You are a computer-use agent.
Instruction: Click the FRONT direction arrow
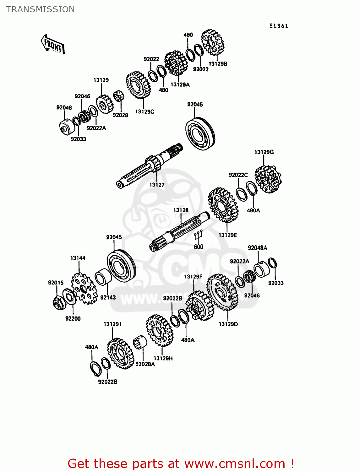coord(53,45)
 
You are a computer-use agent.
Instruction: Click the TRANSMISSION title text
coord(41,9)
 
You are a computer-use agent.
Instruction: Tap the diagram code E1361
coord(279,26)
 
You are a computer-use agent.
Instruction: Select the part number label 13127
coord(157,185)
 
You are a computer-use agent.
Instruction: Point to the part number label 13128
coord(181,210)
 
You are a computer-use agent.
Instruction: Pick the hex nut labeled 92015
coord(58,302)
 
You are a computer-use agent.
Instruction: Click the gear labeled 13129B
coord(213,42)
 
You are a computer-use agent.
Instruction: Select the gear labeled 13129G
coord(268,179)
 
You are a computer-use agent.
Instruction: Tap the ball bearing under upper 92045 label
coord(200,134)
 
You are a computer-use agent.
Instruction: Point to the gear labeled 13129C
coord(138,85)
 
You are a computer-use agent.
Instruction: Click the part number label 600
coord(198,247)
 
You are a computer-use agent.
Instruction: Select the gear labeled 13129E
coord(223,205)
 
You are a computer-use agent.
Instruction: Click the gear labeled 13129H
coord(160,331)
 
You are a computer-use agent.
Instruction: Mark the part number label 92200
coord(73,319)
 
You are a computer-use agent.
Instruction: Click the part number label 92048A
coord(257,248)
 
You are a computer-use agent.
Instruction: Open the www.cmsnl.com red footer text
coord(181,463)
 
